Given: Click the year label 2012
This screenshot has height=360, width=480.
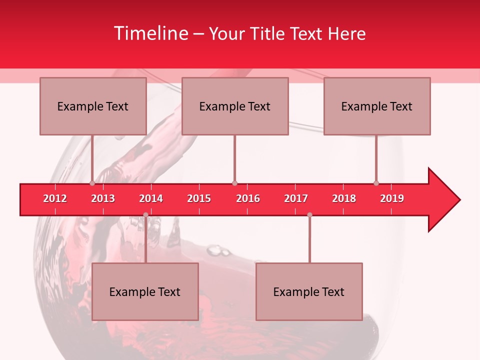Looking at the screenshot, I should [55, 198].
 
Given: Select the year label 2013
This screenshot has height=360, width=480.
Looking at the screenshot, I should [103, 198].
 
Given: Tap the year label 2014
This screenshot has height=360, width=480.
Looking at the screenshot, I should [151, 198].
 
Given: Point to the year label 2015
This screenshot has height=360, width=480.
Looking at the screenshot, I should [199, 198].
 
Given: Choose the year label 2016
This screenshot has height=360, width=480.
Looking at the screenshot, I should [248, 198].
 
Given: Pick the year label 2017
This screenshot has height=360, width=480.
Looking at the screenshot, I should [296, 198].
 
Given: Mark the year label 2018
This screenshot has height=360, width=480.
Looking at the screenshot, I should [344, 198].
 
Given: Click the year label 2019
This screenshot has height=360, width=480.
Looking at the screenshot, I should [392, 198].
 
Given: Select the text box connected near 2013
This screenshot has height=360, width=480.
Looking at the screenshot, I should [93, 106].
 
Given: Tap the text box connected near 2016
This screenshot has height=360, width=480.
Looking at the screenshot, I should [235, 106].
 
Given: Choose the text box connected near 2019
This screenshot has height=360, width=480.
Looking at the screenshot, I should [377, 106].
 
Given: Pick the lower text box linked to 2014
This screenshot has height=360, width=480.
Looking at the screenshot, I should [145, 291].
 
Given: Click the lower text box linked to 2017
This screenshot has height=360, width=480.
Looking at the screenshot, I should [309, 291].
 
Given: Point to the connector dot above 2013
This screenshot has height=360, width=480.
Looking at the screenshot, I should [92, 183].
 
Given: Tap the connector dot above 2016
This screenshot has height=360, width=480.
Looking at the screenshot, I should [234, 183].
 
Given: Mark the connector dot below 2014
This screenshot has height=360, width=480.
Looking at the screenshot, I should [145, 215].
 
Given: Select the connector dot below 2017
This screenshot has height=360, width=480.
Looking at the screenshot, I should [309, 215].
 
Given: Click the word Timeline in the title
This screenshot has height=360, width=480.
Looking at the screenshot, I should [151, 33].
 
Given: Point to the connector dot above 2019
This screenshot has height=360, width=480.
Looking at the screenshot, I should [376, 183].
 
